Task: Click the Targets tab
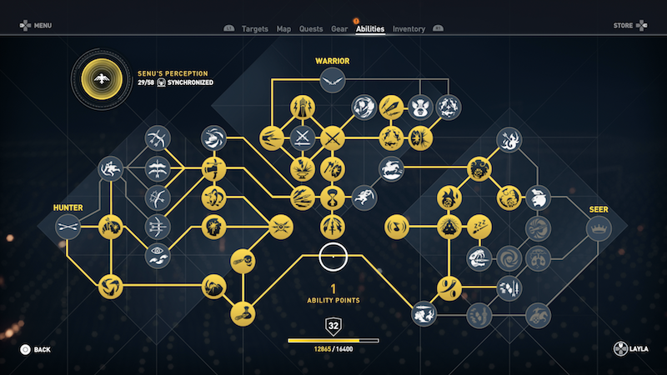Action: [255, 29]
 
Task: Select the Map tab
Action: [283, 29]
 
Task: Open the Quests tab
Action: [311, 29]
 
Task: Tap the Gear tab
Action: [339, 29]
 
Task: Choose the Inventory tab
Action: [409, 29]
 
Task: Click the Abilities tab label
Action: [370, 29]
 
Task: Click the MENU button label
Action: [43, 26]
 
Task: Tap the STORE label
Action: [623, 26]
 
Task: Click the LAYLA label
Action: [639, 349]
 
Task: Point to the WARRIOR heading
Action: [332, 61]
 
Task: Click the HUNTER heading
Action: [68, 207]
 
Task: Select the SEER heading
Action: [599, 209]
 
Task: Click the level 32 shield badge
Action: [333, 326]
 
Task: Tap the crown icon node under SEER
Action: [599, 228]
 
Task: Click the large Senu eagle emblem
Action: [102, 79]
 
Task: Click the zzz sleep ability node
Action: [479, 227]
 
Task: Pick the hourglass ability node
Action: [332, 197]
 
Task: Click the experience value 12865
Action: [322, 349]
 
